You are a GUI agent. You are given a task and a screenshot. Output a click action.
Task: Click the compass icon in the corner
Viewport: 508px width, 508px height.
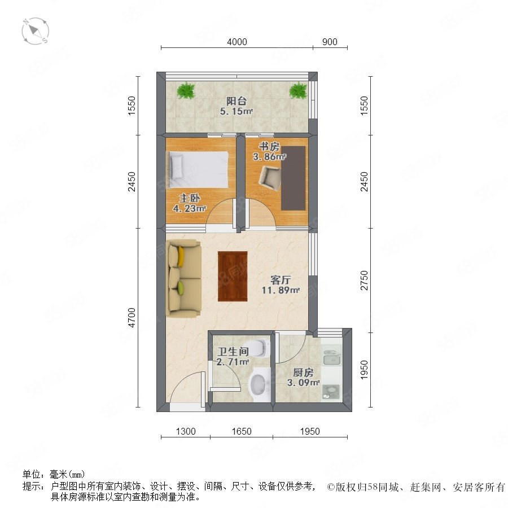click(x=36, y=31)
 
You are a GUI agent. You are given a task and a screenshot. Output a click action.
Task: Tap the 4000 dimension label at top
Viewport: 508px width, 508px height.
click(x=237, y=42)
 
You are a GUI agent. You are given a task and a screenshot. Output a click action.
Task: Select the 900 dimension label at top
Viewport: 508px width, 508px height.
click(x=330, y=42)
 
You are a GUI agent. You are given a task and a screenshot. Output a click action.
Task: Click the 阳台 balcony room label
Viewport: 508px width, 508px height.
click(x=237, y=101)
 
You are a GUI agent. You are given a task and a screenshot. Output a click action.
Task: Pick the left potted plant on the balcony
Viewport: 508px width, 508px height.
click(x=186, y=90)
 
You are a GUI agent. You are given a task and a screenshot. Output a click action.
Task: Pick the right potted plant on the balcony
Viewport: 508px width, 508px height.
click(x=298, y=90)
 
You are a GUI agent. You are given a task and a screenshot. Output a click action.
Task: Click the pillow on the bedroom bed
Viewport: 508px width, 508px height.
click(x=177, y=166)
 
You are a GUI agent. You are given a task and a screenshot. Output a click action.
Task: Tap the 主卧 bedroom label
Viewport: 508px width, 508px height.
click(x=190, y=198)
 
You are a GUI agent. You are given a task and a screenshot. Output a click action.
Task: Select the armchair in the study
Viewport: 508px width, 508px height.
click(x=270, y=178)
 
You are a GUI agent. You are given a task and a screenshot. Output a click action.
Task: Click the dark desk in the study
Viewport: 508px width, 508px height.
click(x=293, y=178)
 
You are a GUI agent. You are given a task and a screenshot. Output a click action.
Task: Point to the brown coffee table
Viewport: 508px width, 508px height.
click(x=233, y=277)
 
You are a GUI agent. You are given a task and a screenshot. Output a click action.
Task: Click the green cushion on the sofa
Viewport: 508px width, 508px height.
click(x=181, y=288)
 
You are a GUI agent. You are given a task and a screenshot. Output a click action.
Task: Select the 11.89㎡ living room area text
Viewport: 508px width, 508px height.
click(x=281, y=290)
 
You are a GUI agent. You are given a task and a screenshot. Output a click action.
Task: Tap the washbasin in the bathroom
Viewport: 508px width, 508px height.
click(x=259, y=385)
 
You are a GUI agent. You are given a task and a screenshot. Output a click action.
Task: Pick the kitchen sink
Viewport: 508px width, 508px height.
click(x=331, y=358)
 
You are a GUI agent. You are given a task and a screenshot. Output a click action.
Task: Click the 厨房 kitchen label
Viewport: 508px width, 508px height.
click(x=303, y=373)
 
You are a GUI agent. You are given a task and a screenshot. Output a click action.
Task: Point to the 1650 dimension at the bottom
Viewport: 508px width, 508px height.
click(x=242, y=431)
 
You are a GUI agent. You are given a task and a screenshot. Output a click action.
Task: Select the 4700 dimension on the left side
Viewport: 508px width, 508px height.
click(x=132, y=317)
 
